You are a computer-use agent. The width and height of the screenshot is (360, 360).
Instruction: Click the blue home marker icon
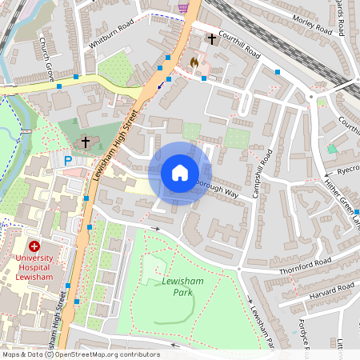coord(180,173)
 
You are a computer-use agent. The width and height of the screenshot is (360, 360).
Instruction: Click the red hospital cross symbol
coord(34,246)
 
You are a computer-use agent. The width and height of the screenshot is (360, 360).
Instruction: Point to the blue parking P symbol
coord(68,161)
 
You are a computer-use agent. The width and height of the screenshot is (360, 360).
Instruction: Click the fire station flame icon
coord(193,60)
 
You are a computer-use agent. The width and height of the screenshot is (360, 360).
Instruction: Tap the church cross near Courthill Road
coord(212,38)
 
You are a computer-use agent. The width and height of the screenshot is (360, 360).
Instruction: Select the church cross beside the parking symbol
coord(85,143)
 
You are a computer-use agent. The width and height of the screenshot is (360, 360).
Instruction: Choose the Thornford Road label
coord(304,266)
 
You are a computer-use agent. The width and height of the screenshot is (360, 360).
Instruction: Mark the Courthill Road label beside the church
coord(241,47)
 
